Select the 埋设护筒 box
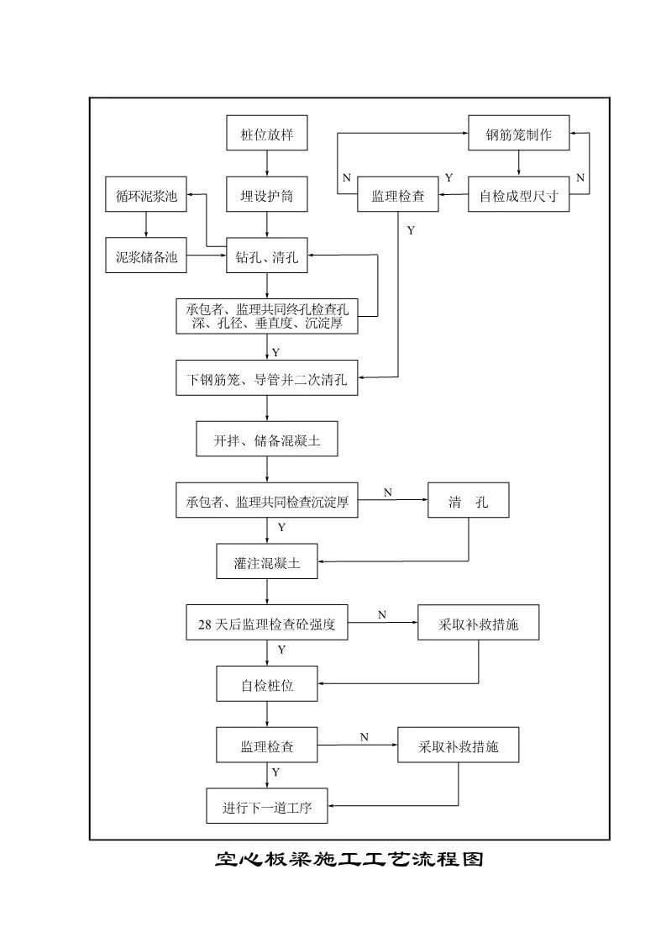(268, 198)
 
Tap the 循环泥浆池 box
(147, 198)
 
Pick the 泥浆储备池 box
(147, 258)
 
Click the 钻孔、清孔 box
(268, 258)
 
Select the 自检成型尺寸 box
(518, 198)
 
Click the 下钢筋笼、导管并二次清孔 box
(267, 378)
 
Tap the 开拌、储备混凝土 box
(267, 440)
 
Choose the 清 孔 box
(469, 503)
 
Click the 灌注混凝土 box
(267, 564)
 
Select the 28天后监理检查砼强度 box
(267, 624)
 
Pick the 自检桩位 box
(267, 685)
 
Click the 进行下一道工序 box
(267, 809)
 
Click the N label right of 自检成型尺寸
(579, 178)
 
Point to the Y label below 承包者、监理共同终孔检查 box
(276, 351)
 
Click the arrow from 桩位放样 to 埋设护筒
(268, 166)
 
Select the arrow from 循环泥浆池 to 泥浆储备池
(147, 227)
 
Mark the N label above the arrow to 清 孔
(388, 493)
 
